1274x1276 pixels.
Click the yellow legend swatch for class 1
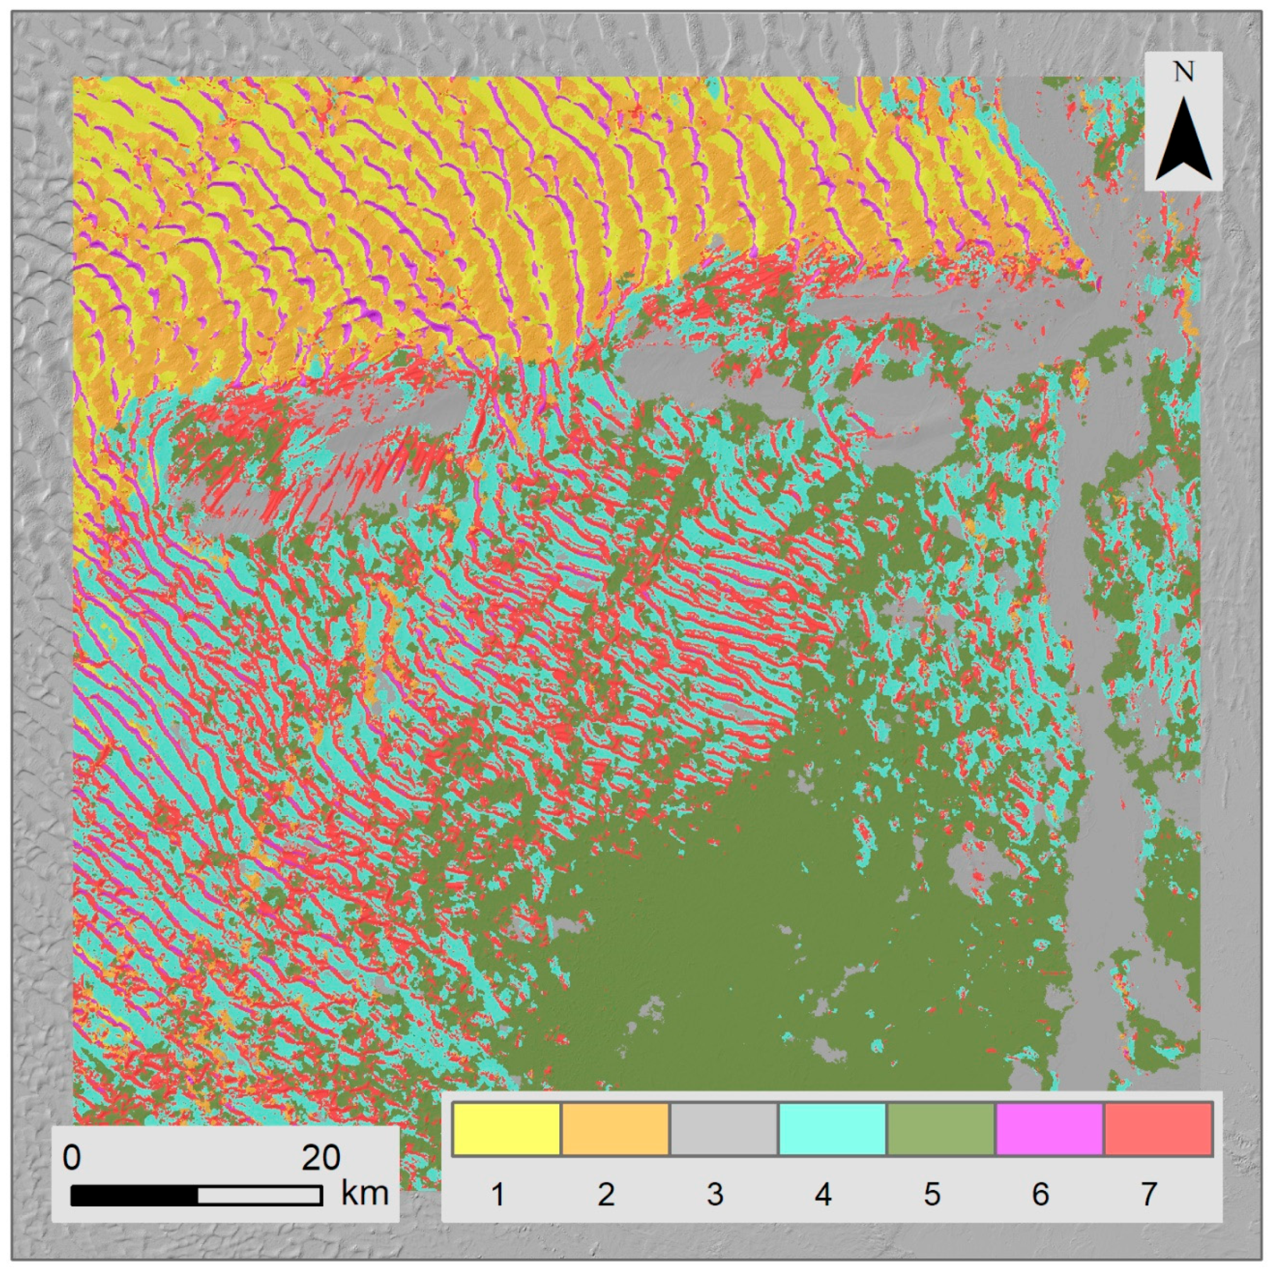point(506,1129)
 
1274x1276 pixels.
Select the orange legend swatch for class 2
point(615,1129)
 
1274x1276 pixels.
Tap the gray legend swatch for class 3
point(724,1129)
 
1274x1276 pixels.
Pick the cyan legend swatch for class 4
point(832,1129)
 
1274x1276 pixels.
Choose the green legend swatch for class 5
point(940,1129)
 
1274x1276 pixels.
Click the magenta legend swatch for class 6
point(1049,1129)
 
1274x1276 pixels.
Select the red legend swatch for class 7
point(1157,1129)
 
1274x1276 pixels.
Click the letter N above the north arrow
point(1183,72)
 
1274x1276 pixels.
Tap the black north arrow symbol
point(1183,142)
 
